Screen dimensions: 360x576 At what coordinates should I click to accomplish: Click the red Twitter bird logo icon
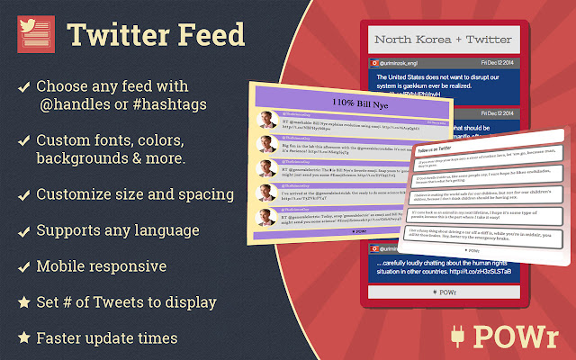[x=34, y=35]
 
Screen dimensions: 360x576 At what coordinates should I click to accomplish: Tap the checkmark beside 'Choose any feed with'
[x=22, y=87]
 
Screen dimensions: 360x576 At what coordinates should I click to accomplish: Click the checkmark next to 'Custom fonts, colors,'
[x=22, y=141]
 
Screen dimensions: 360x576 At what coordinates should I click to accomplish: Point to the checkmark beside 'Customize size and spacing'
[x=22, y=194]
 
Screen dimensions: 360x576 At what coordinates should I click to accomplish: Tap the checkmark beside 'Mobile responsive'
[x=22, y=266]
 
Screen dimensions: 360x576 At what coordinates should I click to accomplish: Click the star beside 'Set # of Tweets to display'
[x=22, y=302]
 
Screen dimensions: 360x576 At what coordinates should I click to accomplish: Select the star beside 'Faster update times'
[x=22, y=338]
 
